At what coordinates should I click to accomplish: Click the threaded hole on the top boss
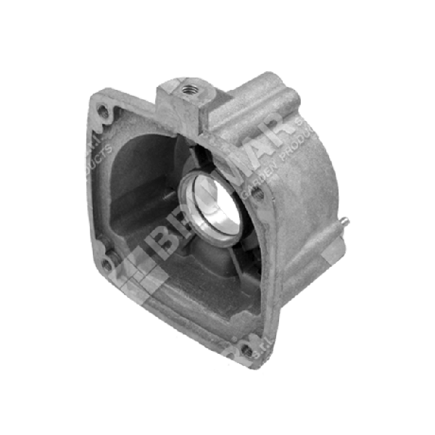(189, 90)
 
